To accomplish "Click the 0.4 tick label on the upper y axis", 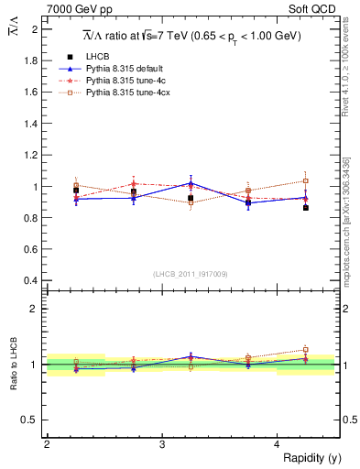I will (x=33, y=280).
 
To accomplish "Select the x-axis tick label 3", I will (x=162, y=444).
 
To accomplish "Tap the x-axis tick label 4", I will (x=278, y=444).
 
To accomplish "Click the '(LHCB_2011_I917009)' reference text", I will (x=191, y=273).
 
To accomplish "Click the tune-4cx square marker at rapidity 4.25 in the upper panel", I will (x=306, y=181).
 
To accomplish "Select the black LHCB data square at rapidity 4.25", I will (x=306, y=208).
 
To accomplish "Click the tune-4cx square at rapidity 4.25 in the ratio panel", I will (x=306, y=349).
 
